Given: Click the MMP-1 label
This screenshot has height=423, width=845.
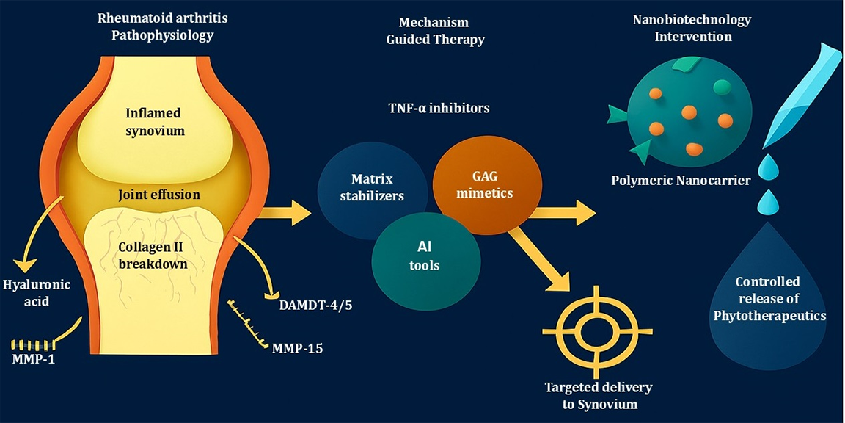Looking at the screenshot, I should coord(33,360).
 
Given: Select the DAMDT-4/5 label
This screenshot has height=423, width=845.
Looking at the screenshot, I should coord(315,304).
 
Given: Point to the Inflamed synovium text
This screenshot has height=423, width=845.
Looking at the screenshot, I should coord(155,122).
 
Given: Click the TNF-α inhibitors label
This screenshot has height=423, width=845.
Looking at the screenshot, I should coord(439,108).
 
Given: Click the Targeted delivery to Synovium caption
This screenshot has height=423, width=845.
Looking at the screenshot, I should coord(598,395).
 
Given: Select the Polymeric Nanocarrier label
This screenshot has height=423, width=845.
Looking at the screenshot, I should coord(681,180).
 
